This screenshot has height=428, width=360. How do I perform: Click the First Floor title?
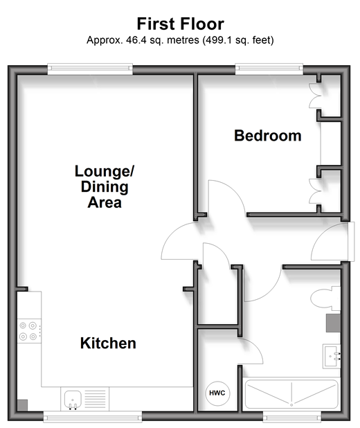(181, 24)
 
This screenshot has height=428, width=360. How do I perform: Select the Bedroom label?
(268, 136)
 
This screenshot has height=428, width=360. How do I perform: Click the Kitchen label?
(108, 343)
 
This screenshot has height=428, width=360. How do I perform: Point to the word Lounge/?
(105, 172)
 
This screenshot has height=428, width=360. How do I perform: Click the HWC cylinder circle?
(217, 393)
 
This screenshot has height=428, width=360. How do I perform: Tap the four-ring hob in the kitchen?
(29, 331)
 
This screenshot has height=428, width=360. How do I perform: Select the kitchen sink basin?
(73, 400)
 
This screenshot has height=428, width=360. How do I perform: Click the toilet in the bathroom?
(325, 298)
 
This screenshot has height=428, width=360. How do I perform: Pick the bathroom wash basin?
(332, 356)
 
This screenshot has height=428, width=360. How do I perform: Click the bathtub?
(291, 394)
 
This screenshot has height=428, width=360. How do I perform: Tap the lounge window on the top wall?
(90, 69)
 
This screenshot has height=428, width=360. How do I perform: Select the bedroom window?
(269, 69)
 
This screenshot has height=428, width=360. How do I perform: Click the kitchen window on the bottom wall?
(93, 417)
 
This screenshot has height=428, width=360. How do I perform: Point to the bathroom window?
(292, 417)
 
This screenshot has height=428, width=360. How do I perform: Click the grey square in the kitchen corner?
(22, 405)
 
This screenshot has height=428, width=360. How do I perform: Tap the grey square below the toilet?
(333, 323)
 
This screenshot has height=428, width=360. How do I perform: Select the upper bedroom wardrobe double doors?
(314, 96)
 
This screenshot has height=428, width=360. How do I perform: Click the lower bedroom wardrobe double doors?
(314, 191)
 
